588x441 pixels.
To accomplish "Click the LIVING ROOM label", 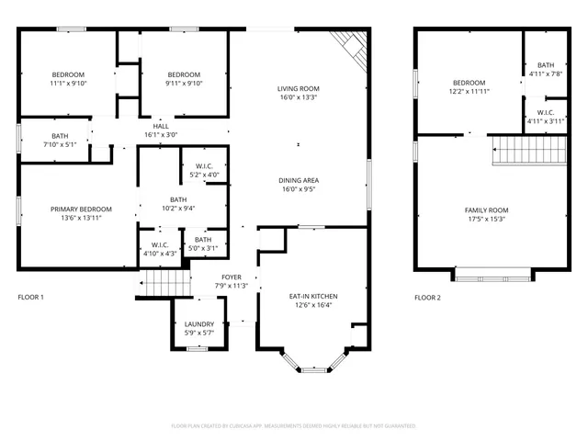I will click(x=298, y=89).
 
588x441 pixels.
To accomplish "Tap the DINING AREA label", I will click(x=298, y=180).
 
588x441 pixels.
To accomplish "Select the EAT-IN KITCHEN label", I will click(x=313, y=297).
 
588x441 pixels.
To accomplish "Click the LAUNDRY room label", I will click(x=199, y=324).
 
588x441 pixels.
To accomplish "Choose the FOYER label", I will click(x=231, y=277).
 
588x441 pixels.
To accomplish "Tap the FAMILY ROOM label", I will click(x=486, y=210).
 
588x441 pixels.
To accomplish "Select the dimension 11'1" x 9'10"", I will click(x=68, y=84).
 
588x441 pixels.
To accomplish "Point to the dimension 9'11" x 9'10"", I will click(x=184, y=84).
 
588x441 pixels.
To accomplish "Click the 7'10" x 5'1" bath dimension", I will click(x=53, y=145).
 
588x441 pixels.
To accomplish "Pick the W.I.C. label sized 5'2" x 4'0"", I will click(x=204, y=166).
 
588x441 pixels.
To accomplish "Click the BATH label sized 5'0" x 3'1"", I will click(x=203, y=240).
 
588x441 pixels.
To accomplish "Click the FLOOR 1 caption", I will click(x=30, y=298).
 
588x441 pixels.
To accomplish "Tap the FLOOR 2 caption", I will click(x=427, y=298).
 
